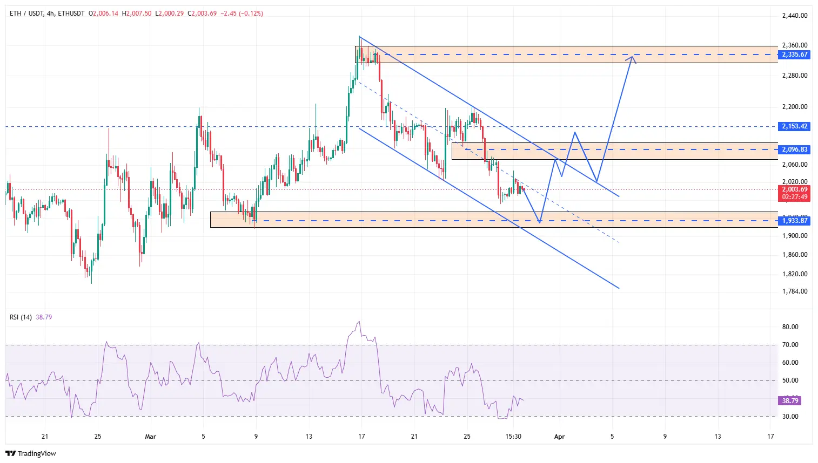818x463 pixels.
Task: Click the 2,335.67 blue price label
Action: pos(795,55)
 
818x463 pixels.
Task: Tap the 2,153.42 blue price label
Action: pos(795,126)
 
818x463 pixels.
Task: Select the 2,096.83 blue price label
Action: pos(795,149)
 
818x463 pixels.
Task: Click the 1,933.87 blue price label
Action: pos(795,221)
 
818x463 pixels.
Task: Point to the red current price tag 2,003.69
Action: pos(795,190)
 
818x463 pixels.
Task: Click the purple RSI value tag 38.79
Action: pos(790,400)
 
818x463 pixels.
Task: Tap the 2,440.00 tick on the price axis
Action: pos(795,16)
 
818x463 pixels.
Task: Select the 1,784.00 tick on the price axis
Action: pos(795,291)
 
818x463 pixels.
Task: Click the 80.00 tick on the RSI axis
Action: pos(790,327)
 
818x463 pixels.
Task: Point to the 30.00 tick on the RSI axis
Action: pos(790,417)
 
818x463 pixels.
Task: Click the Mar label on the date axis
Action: pos(151,437)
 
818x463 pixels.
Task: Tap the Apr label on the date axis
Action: pos(559,437)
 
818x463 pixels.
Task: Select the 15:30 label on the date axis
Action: pos(513,437)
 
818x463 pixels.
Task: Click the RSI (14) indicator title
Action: pos(21,317)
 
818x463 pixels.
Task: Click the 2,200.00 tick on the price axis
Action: pos(795,107)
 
